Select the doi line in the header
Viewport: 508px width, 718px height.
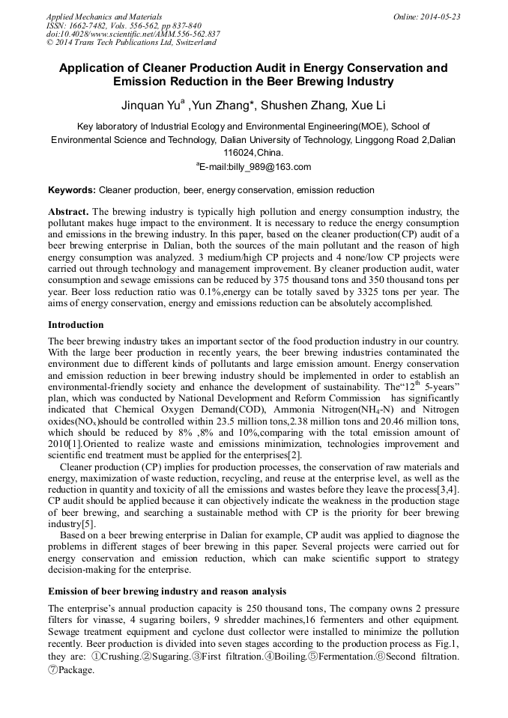pyautogui.click(x=133, y=34)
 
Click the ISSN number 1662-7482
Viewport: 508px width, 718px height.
pyautogui.click(x=88, y=25)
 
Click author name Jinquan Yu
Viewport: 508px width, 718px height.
pyautogui.click(x=151, y=106)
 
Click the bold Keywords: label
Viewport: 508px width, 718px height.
pyautogui.click(x=72, y=191)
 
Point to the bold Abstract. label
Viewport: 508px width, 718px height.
pyautogui.click(x=69, y=212)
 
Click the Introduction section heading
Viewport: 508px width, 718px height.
pyautogui.click(x=76, y=325)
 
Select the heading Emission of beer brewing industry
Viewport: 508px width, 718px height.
pyautogui.click(x=166, y=591)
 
